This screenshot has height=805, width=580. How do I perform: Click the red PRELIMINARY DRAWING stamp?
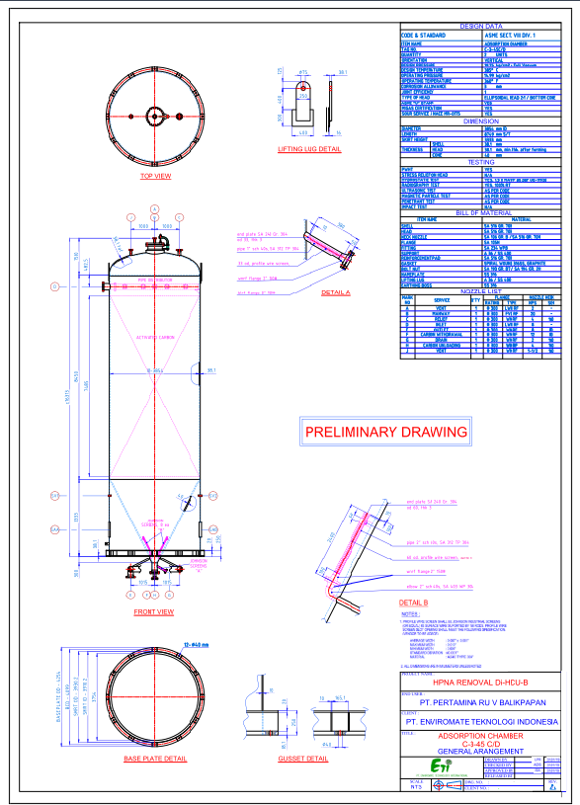click(384, 432)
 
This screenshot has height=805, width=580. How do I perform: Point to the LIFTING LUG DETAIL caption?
click(310, 149)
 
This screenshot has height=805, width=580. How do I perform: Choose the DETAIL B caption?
click(413, 602)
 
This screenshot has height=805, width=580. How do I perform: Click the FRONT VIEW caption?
click(154, 612)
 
